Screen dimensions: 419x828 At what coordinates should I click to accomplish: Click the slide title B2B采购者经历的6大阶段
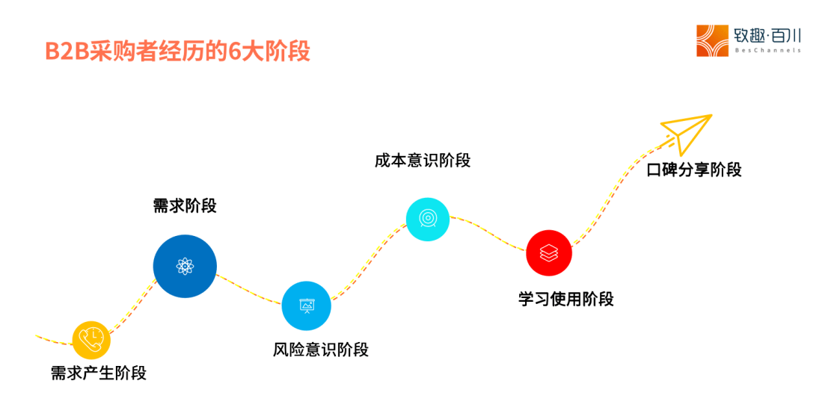(177, 52)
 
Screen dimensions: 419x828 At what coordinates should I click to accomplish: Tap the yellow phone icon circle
(91, 340)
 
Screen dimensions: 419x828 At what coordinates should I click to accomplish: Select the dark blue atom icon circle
(185, 266)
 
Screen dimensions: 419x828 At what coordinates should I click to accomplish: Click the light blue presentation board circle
(306, 305)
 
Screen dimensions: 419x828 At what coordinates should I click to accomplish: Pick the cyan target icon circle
(427, 219)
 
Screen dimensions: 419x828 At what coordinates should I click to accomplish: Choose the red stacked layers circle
(548, 252)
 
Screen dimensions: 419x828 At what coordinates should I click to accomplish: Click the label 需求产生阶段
(99, 373)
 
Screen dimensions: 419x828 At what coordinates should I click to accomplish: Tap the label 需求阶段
(185, 205)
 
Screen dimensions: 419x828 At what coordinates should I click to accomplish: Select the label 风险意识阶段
(321, 349)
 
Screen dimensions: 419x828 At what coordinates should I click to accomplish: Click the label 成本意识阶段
(423, 160)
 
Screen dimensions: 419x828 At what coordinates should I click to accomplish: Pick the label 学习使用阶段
(566, 299)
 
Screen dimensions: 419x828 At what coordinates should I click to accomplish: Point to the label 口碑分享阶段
(694, 170)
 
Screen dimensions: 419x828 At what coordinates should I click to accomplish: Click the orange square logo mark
(712, 40)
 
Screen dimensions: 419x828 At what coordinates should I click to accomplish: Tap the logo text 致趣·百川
(767, 34)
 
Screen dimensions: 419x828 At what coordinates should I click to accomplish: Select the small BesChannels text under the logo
(767, 51)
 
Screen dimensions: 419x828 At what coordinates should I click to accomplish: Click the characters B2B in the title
(67, 52)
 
